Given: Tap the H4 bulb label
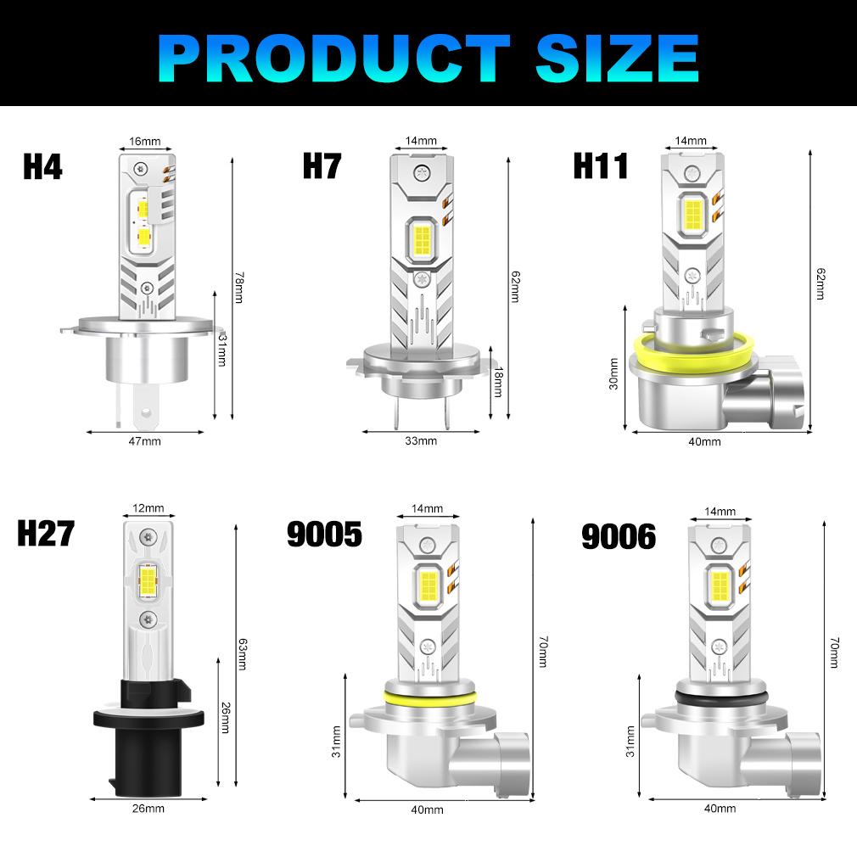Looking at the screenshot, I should point(42,166).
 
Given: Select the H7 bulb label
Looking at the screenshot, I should point(322,166).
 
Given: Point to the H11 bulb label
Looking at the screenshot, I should point(600,166).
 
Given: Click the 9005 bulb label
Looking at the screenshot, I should point(324,534).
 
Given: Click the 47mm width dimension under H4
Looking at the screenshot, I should point(145,440).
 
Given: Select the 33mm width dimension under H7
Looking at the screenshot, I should point(421,440).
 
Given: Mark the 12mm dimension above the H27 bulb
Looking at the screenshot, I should point(148,508).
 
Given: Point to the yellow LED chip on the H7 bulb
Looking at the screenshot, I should point(422,238).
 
